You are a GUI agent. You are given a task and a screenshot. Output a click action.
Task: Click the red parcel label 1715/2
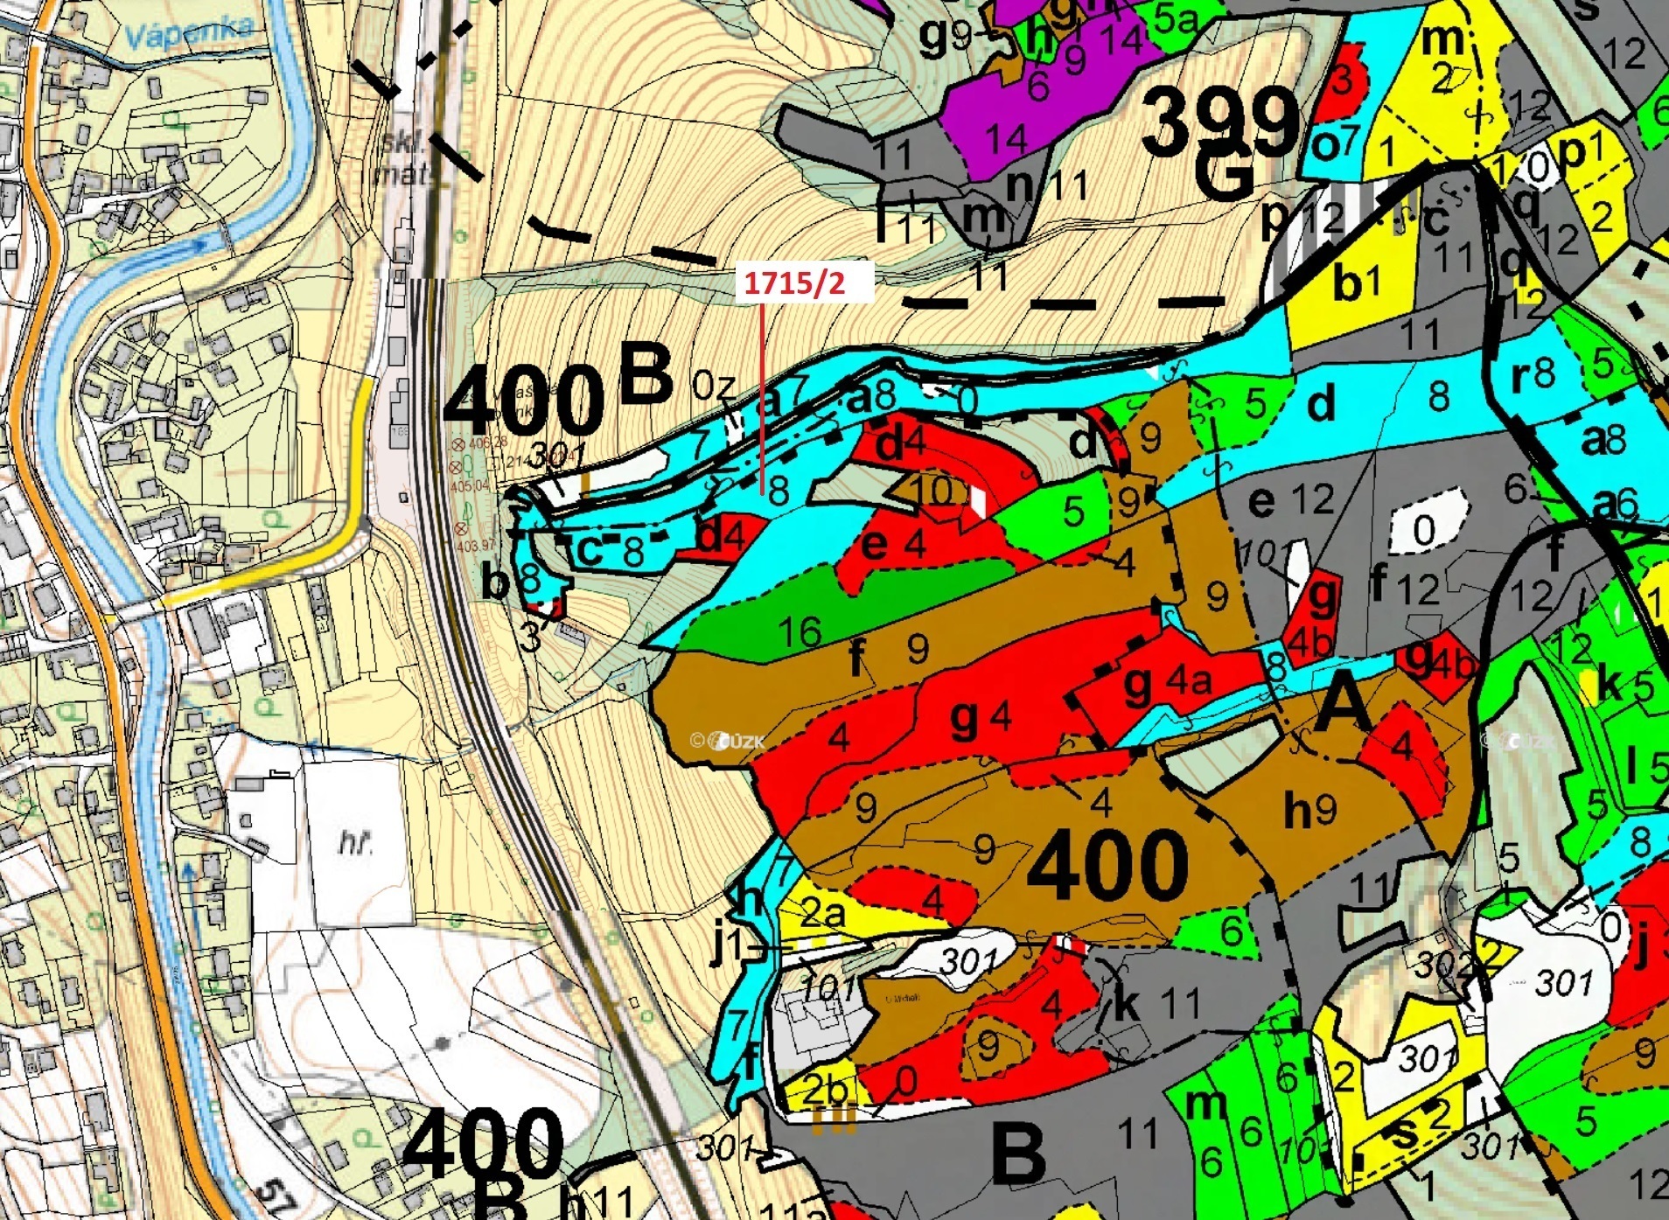click(x=795, y=282)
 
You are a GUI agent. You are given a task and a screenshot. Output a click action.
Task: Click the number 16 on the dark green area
click(x=800, y=631)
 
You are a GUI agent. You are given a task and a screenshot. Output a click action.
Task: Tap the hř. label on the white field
click(x=355, y=844)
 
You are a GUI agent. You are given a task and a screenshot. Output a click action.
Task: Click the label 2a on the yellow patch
click(x=823, y=914)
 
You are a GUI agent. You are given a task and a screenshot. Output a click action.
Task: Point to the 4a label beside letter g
click(x=1189, y=679)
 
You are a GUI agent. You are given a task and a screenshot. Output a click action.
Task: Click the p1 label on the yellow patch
click(x=1583, y=152)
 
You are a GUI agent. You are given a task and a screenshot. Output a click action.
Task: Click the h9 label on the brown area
click(x=1309, y=811)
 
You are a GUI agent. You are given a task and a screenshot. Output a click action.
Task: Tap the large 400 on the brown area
click(x=1108, y=865)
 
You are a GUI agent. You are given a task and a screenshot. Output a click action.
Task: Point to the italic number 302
click(x=1444, y=964)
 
